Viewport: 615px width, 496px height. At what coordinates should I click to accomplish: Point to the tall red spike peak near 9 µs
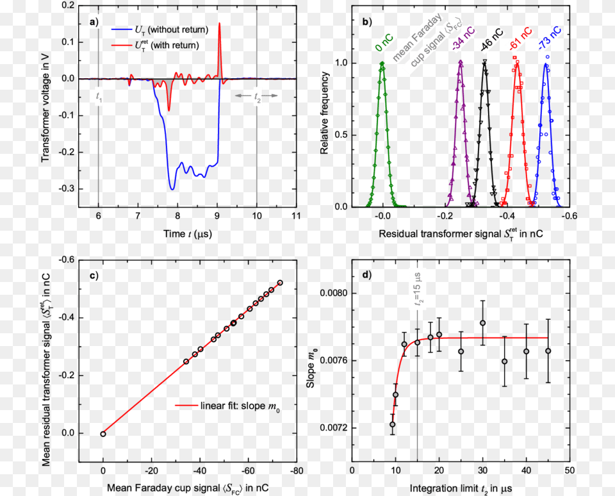219,24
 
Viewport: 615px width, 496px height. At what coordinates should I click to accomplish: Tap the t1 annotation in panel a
99,97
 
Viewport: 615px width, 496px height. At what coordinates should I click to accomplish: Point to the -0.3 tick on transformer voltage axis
65,189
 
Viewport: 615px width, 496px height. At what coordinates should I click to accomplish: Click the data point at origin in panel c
102,434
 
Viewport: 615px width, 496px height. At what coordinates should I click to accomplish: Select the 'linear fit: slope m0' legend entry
227,406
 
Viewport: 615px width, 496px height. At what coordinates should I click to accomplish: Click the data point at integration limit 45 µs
548,351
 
